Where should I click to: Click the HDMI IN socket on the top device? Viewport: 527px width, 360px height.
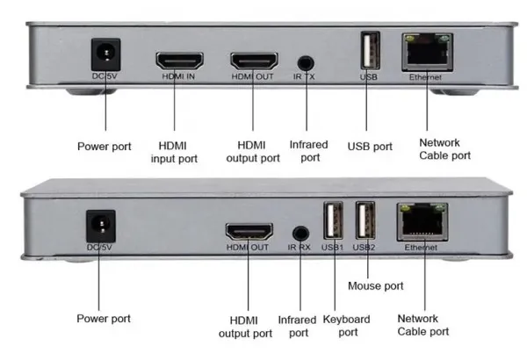pyautogui.click(x=179, y=61)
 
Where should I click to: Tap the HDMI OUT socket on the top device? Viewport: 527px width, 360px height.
pyautogui.click(x=254, y=61)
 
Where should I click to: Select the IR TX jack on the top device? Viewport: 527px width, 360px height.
pyautogui.click(x=306, y=62)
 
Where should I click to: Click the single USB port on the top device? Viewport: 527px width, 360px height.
pyautogui.click(x=369, y=51)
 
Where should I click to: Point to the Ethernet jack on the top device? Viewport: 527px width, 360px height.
pyautogui.click(x=427, y=54)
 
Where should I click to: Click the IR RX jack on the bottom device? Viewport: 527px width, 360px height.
pyautogui.click(x=300, y=234)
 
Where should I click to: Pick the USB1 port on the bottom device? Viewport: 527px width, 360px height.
pyautogui.click(x=333, y=220)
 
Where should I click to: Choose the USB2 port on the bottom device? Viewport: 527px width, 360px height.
pyautogui.click(x=365, y=220)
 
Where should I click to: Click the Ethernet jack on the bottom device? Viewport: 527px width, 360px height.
pyautogui.click(x=422, y=222)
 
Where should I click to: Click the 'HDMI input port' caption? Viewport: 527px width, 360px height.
pyautogui.click(x=176, y=152)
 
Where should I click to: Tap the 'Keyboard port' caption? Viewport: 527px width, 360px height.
pyautogui.click(x=347, y=326)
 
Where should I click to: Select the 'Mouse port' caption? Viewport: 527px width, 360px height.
pyautogui.click(x=375, y=285)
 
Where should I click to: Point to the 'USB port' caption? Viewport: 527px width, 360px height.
pyautogui.click(x=370, y=147)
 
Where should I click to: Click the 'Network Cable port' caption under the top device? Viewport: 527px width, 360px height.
pyautogui.click(x=444, y=148)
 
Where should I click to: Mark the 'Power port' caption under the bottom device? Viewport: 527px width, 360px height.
pyautogui.click(x=103, y=318)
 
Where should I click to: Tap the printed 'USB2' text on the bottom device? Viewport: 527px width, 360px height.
pyautogui.click(x=365, y=248)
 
